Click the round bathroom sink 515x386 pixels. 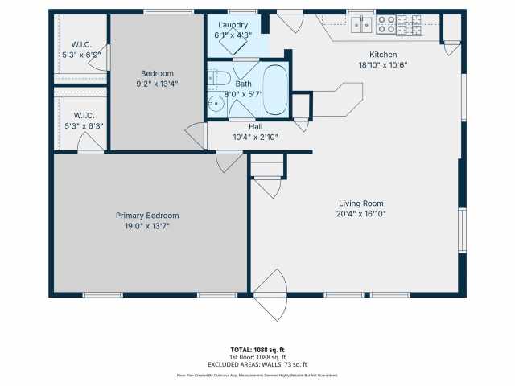[216, 103]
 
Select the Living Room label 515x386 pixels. [360, 203]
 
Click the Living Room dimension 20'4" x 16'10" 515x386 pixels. [360, 214]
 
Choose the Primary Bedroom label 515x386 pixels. [147, 216]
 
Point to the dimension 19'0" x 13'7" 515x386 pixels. [147, 226]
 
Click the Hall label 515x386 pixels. [255, 126]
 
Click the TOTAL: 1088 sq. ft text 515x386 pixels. [257, 350]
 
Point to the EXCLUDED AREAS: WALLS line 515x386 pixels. [257, 365]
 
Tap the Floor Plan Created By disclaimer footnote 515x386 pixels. [257, 376]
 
